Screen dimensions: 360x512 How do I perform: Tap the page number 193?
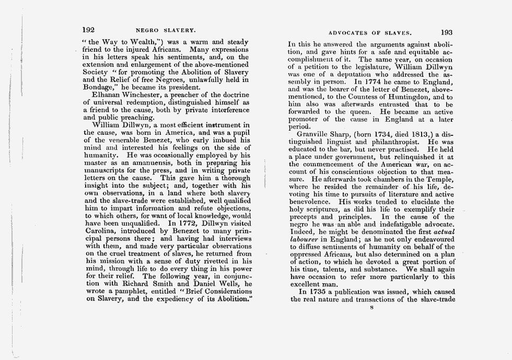[448, 32]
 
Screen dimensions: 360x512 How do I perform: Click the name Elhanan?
[108, 95]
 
